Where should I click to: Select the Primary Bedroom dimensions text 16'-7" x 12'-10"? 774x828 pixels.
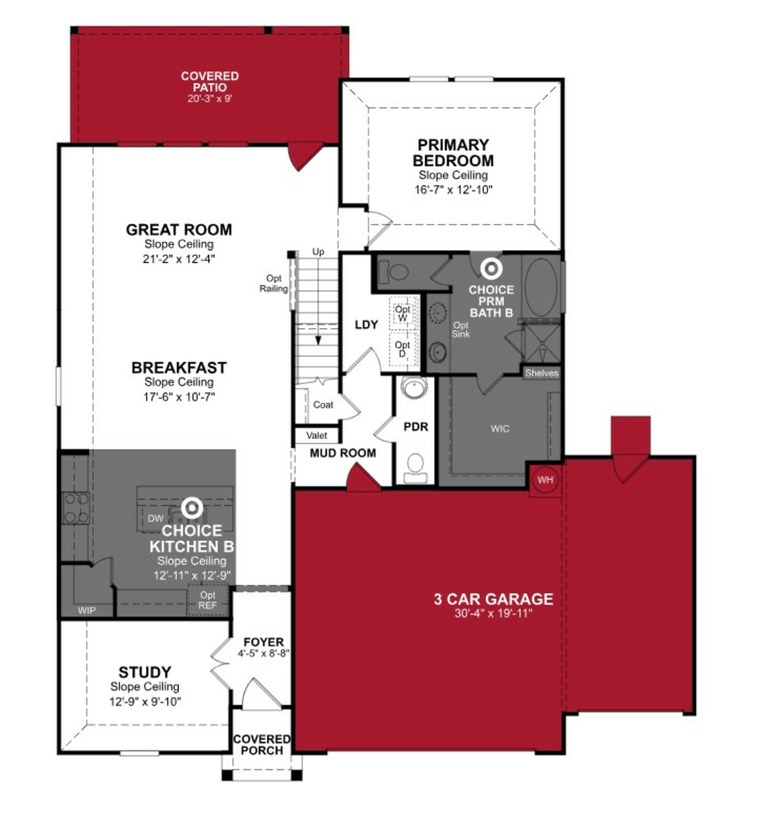coord(453,190)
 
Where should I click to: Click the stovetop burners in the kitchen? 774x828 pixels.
coord(76,508)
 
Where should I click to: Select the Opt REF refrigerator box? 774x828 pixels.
coord(207,600)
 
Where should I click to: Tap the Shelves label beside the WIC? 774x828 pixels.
coord(541,373)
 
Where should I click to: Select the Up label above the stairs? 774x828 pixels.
coord(318,251)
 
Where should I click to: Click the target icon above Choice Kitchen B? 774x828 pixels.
coord(192,508)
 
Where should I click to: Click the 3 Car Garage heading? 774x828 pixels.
coord(493,599)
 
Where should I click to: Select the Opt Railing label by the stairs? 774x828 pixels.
coord(274,283)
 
